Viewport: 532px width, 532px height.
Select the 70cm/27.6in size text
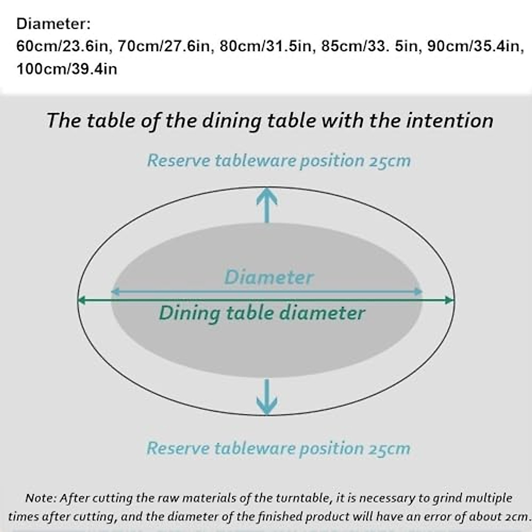164,46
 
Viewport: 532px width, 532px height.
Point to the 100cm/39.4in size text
67,69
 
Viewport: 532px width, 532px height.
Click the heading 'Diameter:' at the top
53,23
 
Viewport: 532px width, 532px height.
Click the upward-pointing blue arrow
267,204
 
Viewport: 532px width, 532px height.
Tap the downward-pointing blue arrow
267,397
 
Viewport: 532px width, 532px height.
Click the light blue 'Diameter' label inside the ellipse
269,278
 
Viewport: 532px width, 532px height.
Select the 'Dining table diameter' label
262,313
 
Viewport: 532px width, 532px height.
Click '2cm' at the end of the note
516,516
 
